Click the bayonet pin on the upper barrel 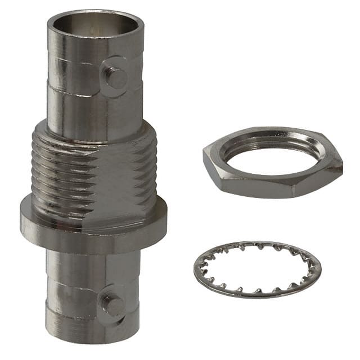click(x=116, y=78)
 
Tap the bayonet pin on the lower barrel click(x=113, y=305)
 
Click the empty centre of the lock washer click(x=257, y=269)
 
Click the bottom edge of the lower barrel click(x=93, y=340)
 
